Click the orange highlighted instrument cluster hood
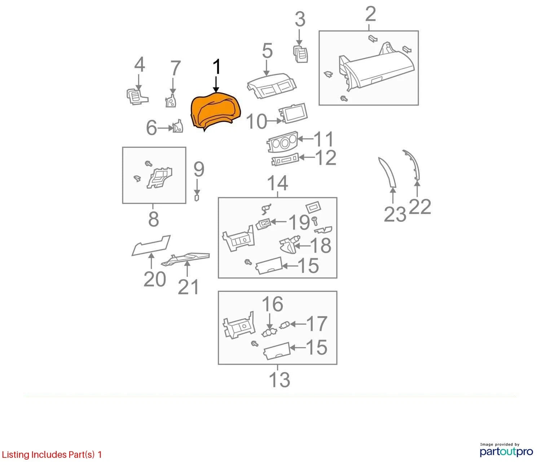[215, 111]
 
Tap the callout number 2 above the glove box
[371, 14]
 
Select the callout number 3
[300, 19]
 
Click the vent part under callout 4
[137, 97]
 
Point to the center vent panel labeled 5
[272, 85]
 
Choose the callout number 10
[256, 122]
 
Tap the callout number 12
[326, 158]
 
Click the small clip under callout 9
[197, 198]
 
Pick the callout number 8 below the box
[154, 219]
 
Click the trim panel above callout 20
[151, 245]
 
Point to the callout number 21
[188, 287]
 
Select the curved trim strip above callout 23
[387, 172]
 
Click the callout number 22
[420, 207]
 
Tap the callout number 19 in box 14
[299, 222]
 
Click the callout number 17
[317, 324]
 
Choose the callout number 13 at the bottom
[280, 380]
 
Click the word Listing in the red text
[16, 455]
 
